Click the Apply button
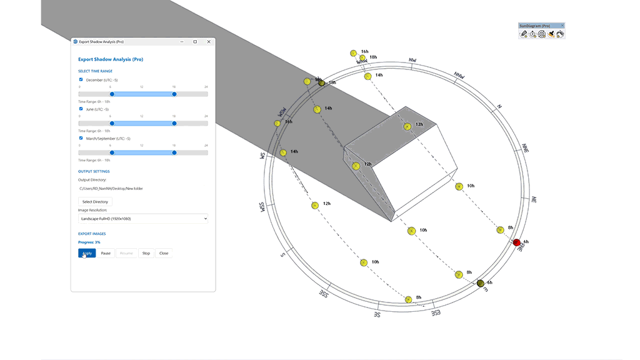[x=87, y=253]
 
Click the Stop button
[x=146, y=253]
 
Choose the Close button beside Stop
[x=164, y=253]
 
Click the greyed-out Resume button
[x=126, y=253]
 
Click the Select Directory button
[x=95, y=202]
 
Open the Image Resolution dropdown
[x=143, y=219]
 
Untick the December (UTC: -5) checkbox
[x=81, y=79]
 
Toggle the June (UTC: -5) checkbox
[x=81, y=109]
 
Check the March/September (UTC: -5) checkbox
[x=81, y=138]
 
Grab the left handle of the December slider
[x=112, y=94]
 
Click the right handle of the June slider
[x=174, y=123]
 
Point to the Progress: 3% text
[x=89, y=242]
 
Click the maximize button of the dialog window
[x=195, y=42]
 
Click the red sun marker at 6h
[x=517, y=242]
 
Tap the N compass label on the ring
[x=499, y=106]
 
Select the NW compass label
[x=412, y=61]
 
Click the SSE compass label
[x=324, y=293]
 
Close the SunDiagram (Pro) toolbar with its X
[x=562, y=26]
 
